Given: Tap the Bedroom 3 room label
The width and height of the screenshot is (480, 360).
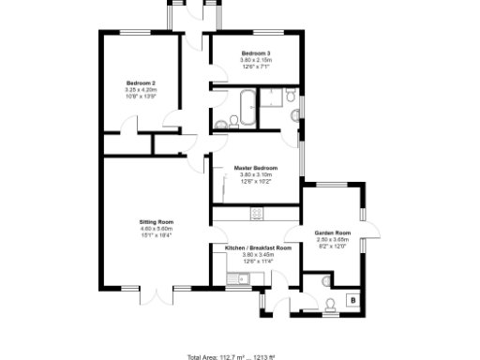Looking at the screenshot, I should (255, 53).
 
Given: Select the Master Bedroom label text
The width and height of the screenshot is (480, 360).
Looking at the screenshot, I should (255, 168).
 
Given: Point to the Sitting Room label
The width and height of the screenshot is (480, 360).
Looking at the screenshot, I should (157, 222).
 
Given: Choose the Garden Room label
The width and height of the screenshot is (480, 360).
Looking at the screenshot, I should (332, 232).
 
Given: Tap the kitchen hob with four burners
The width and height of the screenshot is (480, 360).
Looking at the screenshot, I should (255, 215).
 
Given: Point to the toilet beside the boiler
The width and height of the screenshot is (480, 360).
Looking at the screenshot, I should (330, 303).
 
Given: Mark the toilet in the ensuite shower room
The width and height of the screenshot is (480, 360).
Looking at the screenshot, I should (292, 97).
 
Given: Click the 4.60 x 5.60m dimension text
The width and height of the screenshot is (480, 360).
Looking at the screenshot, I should (157, 229).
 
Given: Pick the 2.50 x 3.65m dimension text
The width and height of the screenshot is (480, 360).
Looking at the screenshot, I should (332, 239).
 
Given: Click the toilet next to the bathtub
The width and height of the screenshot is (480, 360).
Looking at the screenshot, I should (221, 124).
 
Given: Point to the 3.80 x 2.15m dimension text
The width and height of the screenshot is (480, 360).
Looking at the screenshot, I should (255, 60).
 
